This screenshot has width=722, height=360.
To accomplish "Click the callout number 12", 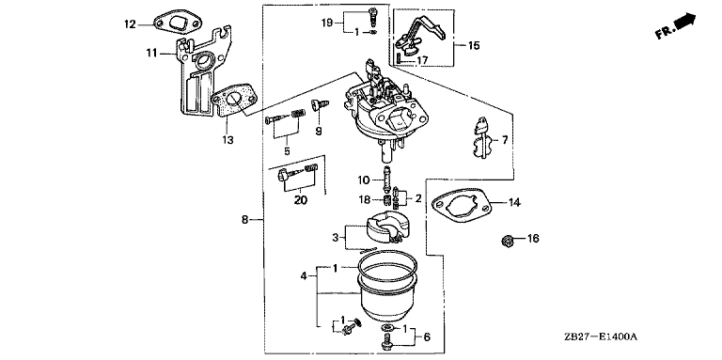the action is pyautogui.click(x=130, y=23).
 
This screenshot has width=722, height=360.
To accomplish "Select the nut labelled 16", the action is pyautogui.click(x=508, y=240).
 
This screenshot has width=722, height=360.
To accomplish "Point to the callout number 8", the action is pyautogui.click(x=245, y=220).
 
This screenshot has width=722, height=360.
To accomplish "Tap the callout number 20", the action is pyautogui.click(x=301, y=200).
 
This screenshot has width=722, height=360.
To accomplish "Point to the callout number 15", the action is pyautogui.click(x=474, y=45).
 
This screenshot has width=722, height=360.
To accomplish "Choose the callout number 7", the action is pyautogui.click(x=505, y=139).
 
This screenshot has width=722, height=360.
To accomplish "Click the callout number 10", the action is pyautogui.click(x=364, y=180).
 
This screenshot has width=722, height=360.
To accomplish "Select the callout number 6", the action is pyautogui.click(x=427, y=337).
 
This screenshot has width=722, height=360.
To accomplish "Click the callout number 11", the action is pyautogui.click(x=152, y=54).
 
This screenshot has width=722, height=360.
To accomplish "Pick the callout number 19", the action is pyautogui.click(x=327, y=22).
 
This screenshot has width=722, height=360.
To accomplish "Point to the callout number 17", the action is pyautogui.click(x=422, y=60).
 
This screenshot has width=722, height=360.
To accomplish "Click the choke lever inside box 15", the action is pyautogui.click(x=421, y=32).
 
